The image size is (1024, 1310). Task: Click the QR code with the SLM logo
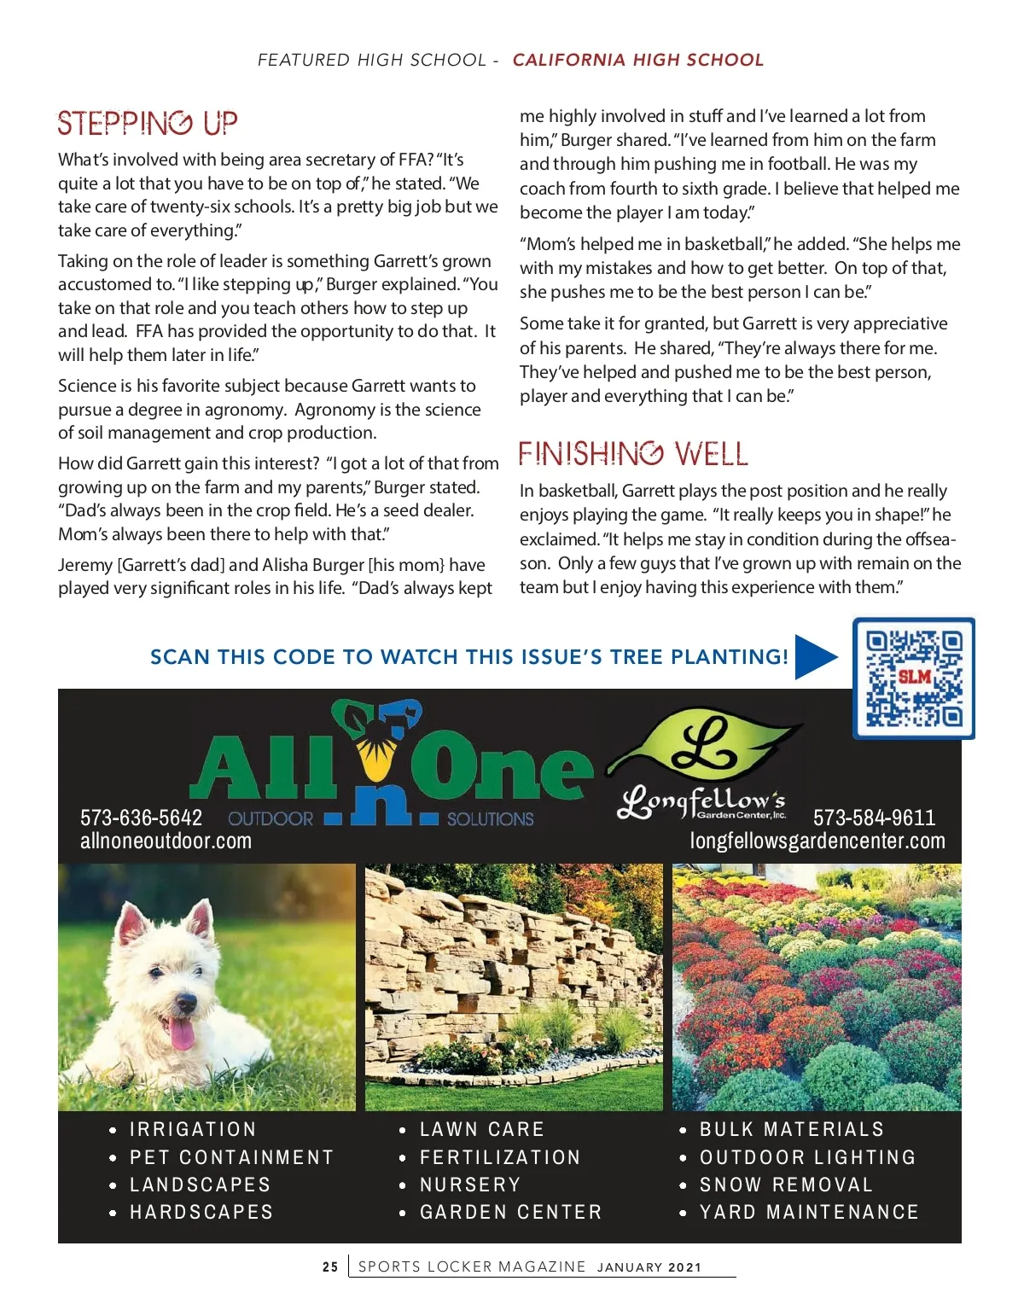[x=914, y=678]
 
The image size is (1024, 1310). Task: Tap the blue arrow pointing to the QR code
[x=815, y=657]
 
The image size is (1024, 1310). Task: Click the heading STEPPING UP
[x=148, y=124]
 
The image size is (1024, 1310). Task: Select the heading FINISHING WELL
[x=633, y=454]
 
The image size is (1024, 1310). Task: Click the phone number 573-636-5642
[x=142, y=818]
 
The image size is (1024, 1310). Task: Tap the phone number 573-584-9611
[x=874, y=818]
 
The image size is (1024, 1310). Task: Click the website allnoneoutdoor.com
[x=166, y=841]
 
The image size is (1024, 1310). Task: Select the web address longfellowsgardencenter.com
[x=817, y=841]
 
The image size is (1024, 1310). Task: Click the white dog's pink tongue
[x=181, y=1033]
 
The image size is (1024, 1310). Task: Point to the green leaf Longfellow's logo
[x=705, y=747]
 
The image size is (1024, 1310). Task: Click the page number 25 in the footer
[x=330, y=1267]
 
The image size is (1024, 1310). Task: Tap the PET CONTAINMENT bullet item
[x=231, y=1157]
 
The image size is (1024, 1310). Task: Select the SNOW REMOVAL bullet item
[x=786, y=1185]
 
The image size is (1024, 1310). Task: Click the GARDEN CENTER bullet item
[x=510, y=1212]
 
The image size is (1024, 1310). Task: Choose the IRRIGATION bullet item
[x=193, y=1129]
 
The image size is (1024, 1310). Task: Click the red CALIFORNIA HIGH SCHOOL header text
[x=637, y=60]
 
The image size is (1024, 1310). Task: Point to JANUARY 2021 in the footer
[x=649, y=1267]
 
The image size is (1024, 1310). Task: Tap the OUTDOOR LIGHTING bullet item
[x=807, y=1157]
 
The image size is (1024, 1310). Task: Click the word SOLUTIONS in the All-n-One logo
[x=490, y=819]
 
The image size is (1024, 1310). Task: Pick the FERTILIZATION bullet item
[x=500, y=1157]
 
